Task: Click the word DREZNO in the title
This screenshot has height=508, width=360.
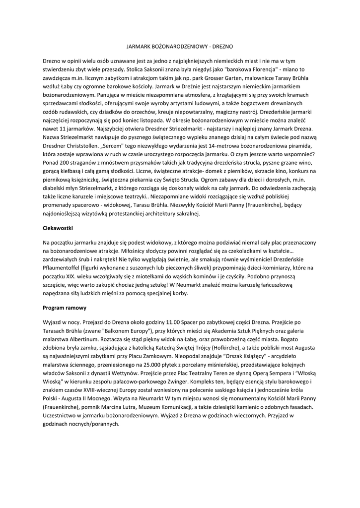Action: click(x=216, y=45)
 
